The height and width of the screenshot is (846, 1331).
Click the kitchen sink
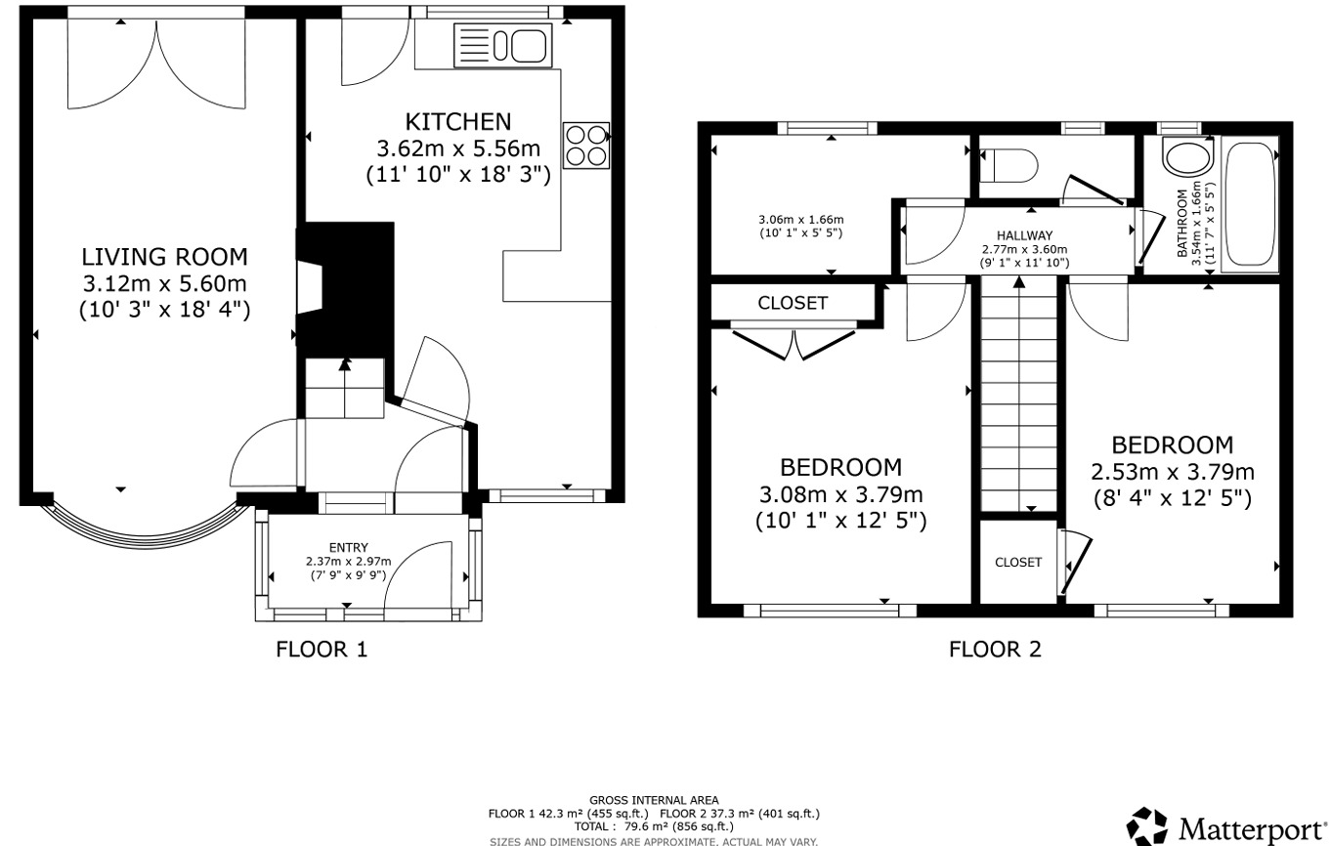[502, 45]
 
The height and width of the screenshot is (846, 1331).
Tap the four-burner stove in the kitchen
[586, 145]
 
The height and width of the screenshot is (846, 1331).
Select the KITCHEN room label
[458, 122]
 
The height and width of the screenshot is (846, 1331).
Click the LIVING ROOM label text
[164, 257]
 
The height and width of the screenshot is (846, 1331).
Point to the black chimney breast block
[346, 289]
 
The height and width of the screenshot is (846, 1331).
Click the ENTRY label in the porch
[349, 547]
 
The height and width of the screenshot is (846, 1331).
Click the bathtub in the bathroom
[1249, 204]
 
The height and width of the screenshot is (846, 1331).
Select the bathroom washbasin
[1187, 157]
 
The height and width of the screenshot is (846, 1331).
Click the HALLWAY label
[1024, 235]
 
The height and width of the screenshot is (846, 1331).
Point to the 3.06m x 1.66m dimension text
[801, 219]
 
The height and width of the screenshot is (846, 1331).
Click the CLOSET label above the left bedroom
[793, 303]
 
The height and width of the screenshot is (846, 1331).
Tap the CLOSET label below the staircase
[1018, 562]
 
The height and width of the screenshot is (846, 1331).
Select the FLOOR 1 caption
[322, 649]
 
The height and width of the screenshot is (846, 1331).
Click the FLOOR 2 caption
[995, 649]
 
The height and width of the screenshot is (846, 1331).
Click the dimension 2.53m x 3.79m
[1173, 472]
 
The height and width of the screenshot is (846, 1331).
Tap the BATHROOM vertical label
[1182, 224]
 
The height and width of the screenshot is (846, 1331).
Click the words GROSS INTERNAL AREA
[654, 800]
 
